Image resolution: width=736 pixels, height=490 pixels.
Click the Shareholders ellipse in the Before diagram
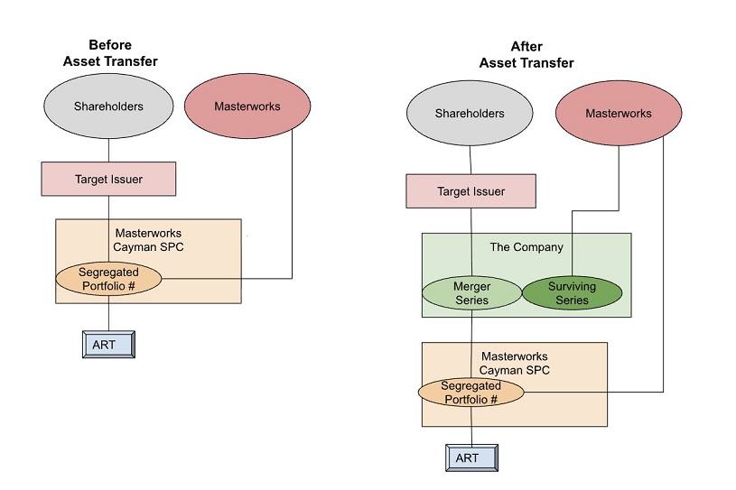[108, 106]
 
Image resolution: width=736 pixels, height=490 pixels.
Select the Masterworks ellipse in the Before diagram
[247, 106]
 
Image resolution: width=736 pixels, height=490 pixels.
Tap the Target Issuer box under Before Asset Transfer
[108, 179]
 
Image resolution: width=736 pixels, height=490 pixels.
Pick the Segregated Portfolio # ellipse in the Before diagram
[108, 278]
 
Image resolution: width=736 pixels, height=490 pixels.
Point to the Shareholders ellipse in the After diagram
[470, 114]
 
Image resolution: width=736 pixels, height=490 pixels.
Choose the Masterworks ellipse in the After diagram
[618, 114]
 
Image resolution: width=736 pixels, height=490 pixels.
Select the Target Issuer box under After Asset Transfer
[470, 191]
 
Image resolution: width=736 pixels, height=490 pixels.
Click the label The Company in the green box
[526, 247]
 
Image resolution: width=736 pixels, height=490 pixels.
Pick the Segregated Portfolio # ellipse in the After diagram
[470, 393]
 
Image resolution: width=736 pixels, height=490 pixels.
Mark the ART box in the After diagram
[468, 458]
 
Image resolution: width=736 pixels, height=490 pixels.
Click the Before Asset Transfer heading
[110, 52]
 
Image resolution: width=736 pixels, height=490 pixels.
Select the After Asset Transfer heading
[526, 55]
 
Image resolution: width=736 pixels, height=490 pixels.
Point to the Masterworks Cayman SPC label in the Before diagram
[148, 239]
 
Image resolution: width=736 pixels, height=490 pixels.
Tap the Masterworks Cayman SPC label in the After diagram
[514, 364]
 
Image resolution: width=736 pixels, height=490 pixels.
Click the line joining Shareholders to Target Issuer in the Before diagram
[108, 151]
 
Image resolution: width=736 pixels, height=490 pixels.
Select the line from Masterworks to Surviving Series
[618, 180]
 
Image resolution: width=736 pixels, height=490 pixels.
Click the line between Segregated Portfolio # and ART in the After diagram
[470, 426]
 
